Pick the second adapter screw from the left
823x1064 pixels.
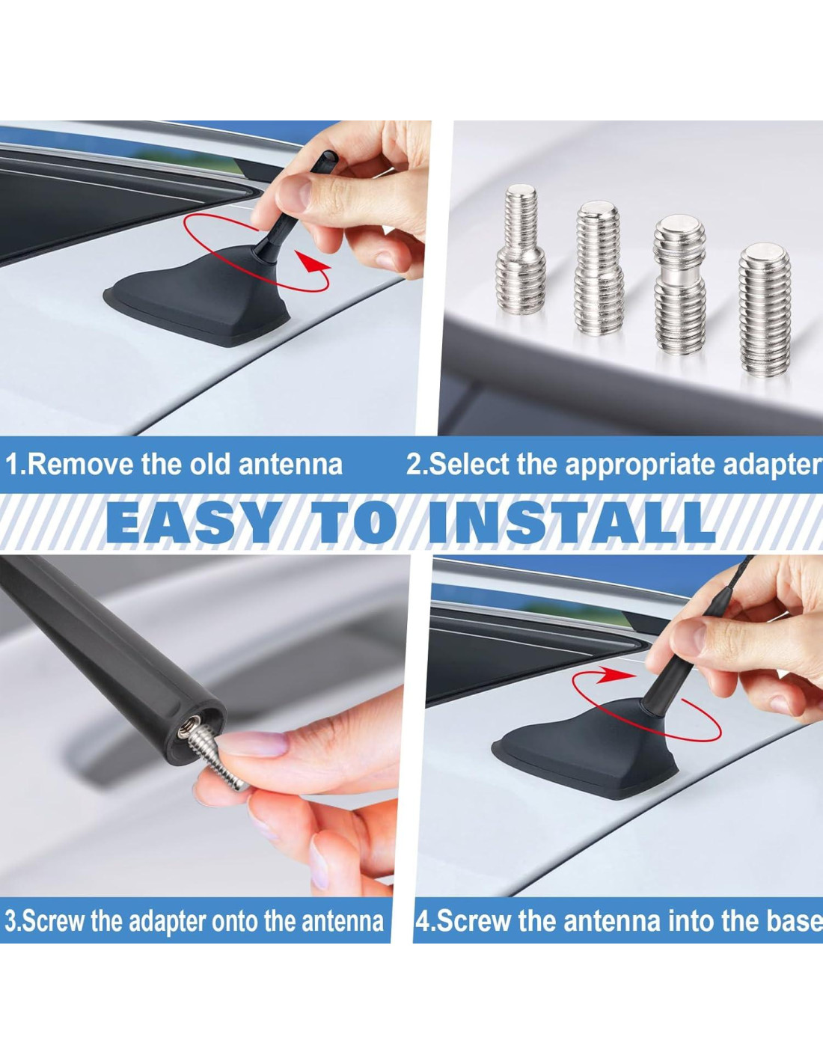click(x=599, y=268)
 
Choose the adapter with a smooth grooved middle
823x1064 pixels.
click(x=679, y=284)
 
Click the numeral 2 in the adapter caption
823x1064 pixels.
click(x=414, y=465)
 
